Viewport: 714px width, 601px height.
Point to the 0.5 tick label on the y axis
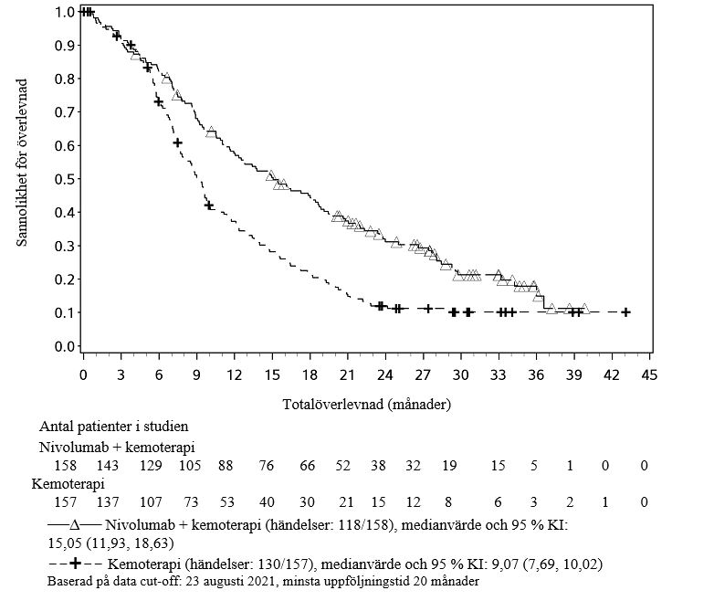(64, 178)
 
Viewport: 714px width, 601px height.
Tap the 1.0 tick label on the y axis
(64, 12)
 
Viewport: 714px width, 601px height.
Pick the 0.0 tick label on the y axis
(64, 346)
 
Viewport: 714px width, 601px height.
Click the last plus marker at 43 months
(625, 312)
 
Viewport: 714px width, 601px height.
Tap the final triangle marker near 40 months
(584, 309)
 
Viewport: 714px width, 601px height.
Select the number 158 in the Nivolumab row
(55, 466)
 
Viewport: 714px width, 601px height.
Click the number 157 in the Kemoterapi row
(55, 501)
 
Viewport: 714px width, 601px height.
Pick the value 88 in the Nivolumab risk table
(226, 466)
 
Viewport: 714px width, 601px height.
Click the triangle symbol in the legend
(77, 525)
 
